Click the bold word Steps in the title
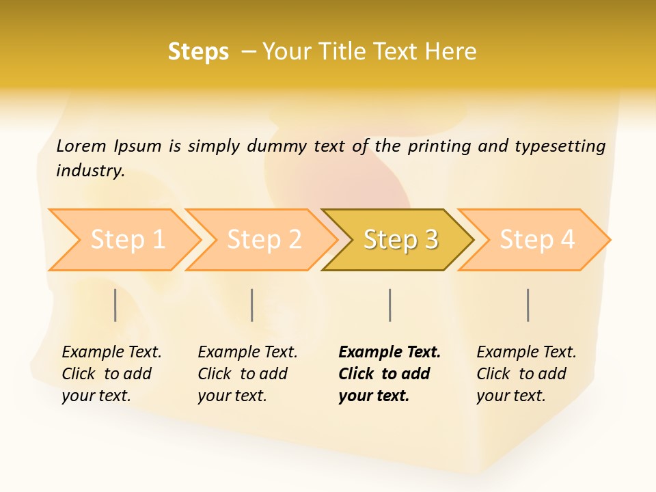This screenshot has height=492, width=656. [x=198, y=52]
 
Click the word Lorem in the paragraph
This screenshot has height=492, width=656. [x=81, y=146]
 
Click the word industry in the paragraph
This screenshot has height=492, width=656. [x=90, y=170]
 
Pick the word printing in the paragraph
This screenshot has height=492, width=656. [x=439, y=146]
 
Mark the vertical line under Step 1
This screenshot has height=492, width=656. [x=115, y=305]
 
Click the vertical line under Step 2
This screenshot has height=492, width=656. [x=252, y=305]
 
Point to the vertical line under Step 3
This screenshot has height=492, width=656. [x=389, y=305]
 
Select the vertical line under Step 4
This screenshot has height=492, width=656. [x=528, y=305]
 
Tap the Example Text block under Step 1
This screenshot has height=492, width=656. [x=111, y=374]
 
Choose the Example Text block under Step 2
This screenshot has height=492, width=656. [x=247, y=374]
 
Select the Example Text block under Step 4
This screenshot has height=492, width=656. [x=526, y=374]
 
